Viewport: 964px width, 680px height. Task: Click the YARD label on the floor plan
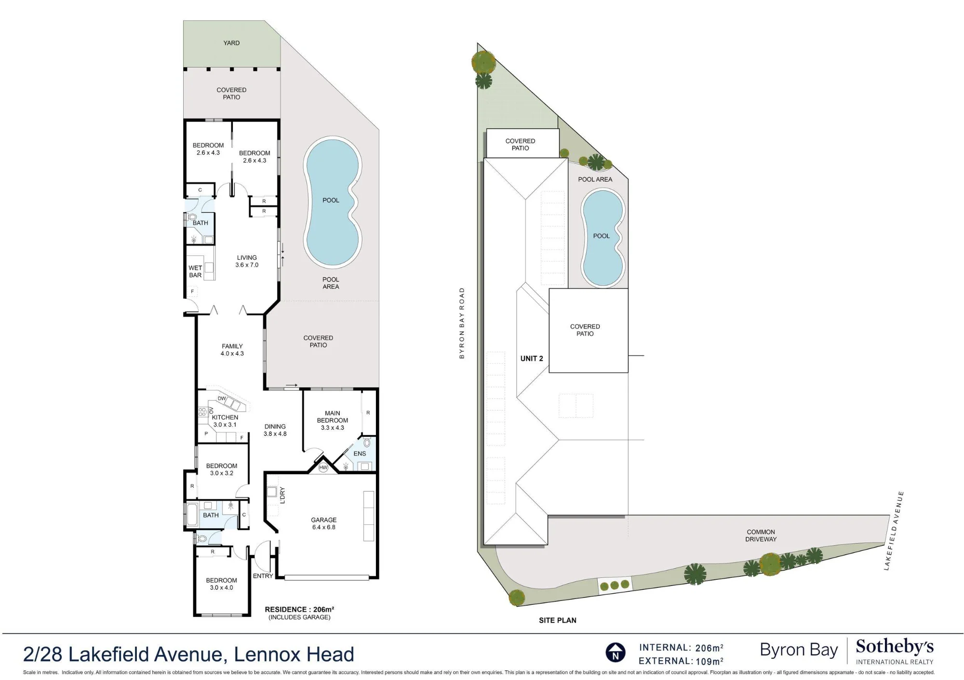point(231,43)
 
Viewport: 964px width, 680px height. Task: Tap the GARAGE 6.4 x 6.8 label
point(323,523)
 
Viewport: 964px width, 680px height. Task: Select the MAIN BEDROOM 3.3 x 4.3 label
point(332,420)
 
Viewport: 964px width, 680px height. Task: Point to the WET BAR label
point(195,271)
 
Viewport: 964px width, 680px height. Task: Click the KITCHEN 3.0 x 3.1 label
point(225,421)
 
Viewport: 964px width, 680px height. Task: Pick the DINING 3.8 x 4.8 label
point(275,430)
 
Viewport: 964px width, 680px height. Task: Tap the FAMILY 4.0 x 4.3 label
point(232,349)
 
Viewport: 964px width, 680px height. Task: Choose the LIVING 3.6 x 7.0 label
point(247,261)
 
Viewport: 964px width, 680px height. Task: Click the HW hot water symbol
point(323,467)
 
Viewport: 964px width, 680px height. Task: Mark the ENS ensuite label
point(360,453)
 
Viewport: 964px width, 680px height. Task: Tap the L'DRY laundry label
point(283,495)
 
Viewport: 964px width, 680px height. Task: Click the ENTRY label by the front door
point(263,576)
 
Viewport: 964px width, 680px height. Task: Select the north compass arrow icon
point(616,653)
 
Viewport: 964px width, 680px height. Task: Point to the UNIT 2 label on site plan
point(532,359)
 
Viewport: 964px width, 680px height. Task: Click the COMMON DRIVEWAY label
point(761,535)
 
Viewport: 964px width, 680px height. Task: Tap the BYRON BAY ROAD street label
point(462,323)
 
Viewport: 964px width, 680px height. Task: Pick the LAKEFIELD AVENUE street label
point(894,531)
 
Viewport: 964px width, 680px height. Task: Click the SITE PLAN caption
point(557,620)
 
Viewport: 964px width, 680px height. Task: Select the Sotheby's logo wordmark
point(895,646)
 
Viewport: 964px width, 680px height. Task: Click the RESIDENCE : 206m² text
point(299,609)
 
